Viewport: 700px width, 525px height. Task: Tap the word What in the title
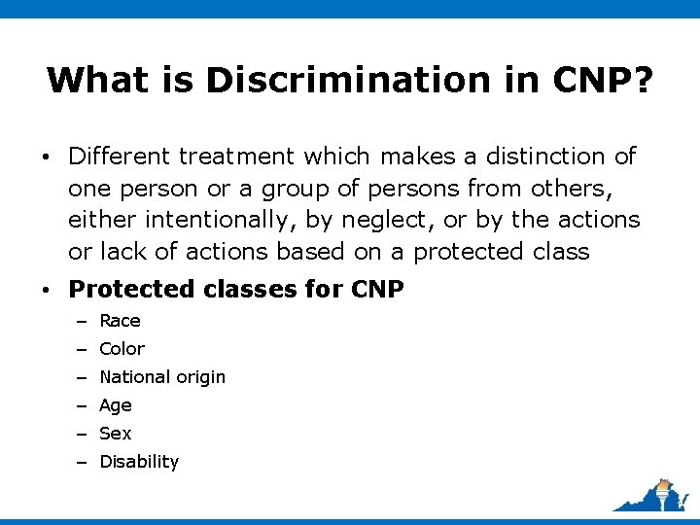(x=93, y=80)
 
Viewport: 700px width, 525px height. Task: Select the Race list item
(x=120, y=321)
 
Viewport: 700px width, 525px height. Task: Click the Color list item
(x=122, y=349)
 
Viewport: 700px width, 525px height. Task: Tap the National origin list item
(x=162, y=377)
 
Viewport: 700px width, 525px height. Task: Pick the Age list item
(x=116, y=405)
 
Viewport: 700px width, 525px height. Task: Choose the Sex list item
(x=116, y=434)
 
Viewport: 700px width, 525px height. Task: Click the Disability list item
(x=139, y=462)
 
